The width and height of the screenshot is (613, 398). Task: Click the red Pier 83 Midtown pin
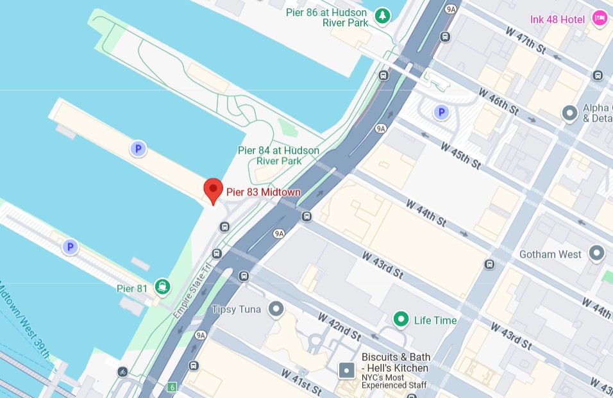coord(213,190)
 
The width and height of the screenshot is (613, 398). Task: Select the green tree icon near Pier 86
coord(382,15)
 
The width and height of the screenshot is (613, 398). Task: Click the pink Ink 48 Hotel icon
coord(600,18)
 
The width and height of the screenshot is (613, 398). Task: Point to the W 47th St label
coord(524,40)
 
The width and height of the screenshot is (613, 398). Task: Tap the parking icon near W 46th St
coord(441,113)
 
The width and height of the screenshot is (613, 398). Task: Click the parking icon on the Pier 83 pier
coord(137,149)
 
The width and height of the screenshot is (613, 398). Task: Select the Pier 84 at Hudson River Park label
coord(278,156)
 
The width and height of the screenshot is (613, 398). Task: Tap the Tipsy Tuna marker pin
coord(276,310)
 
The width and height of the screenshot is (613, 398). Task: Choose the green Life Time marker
coord(401,319)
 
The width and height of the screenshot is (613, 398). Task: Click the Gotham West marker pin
coord(597,253)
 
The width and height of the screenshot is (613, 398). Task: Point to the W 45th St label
coord(460,155)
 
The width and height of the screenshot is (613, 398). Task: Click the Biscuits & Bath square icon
coord(346,370)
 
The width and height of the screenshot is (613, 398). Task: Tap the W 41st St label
coord(300,383)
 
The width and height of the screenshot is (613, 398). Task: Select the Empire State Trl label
coord(192,292)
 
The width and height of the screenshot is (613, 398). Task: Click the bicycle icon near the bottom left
coord(122,372)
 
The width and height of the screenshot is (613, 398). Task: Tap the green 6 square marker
coord(171,387)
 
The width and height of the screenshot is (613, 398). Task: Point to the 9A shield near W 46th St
coord(381,129)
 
